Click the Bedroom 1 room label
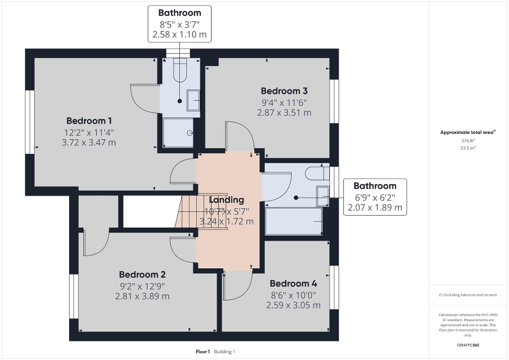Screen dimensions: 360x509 pos(89,120)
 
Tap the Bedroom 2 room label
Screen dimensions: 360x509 pos(142,275)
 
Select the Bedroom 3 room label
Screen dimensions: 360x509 pos(284,90)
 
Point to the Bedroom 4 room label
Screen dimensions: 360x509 pos(293,284)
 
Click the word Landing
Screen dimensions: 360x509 pos(226,200)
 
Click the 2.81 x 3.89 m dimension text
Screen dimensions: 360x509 pos(142,296)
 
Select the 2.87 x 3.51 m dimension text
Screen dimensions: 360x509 pos(284,112)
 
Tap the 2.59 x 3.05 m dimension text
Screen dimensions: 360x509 pos(293,305)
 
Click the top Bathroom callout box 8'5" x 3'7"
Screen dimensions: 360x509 pos(180,24)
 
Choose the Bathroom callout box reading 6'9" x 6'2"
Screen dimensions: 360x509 pos(374,197)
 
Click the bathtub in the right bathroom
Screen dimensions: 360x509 pos(294,221)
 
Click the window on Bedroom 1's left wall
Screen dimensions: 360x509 pos(31,122)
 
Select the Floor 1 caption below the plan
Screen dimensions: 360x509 pos(203,352)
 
